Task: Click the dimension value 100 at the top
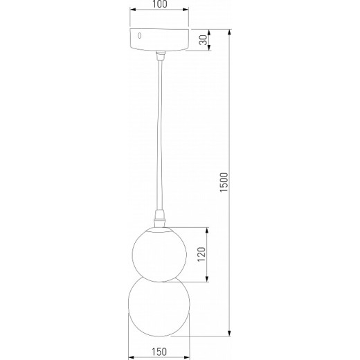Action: pyautogui.click(x=159, y=5)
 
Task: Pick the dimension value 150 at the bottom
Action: pyautogui.click(x=159, y=352)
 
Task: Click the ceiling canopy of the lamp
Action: pyautogui.click(x=159, y=40)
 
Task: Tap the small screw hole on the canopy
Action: pyautogui.click(x=140, y=35)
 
